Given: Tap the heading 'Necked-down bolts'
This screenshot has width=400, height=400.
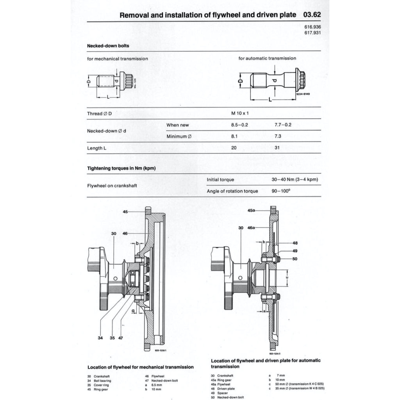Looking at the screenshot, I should pyautogui.click(x=108, y=46).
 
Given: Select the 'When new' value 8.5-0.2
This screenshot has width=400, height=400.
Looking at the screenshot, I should pyautogui.click(x=240, y=125).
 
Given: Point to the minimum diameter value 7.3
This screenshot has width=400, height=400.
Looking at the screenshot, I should pyautogui.click(x=279, y=137).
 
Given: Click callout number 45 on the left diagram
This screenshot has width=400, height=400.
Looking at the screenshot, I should pyautogui.click(x=125, y=211).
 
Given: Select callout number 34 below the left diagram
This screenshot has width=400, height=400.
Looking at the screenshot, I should pyautogui.click(x=100, y=338).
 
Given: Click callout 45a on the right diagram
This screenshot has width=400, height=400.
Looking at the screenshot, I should pyautogui.click(x=252, y=210).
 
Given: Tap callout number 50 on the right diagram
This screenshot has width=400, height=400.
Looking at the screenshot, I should pyautogui.click(x=295, y=259).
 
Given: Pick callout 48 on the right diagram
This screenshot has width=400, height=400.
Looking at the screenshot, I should pyautogui.click(x=295, y=243).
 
